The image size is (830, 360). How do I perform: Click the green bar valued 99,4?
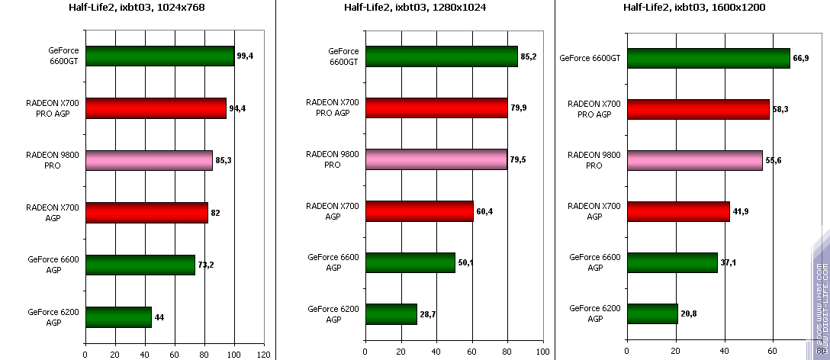[x=159, y=56]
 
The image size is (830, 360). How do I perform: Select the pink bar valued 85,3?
[x=149, y=160]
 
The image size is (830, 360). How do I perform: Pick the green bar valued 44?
[x=118, y=317]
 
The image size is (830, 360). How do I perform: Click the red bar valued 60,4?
[x=419, y=211]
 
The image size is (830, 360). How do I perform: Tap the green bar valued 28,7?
[x=391, y=314]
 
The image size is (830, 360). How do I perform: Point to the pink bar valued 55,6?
[x=694, y=160]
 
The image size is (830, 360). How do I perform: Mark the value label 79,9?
[x=520, y=108]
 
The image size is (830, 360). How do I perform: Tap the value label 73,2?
[x=206, y=265]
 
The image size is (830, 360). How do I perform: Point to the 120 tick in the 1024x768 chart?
[x=264, y=354]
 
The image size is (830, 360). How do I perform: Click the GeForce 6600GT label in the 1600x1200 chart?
[x=589, y=57]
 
